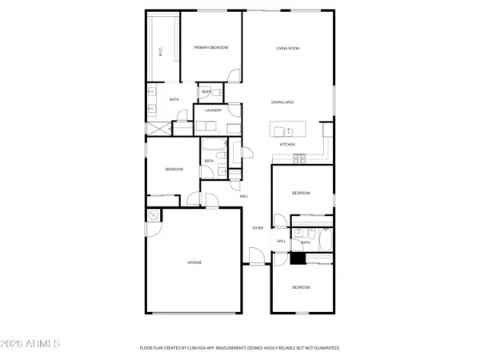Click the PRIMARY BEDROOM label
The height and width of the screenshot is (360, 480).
tap(211, 48)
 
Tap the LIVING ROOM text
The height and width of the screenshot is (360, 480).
tap(288, 49)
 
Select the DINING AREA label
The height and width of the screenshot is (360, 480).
tap(284, 102)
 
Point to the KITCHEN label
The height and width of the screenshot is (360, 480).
tap(288, 144)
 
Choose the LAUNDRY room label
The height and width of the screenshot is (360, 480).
tap(213, 110)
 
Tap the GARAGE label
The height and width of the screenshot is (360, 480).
tap(194, 262)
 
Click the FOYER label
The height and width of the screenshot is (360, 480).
tap(258, 228)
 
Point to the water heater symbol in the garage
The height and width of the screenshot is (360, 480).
tap(152, 216)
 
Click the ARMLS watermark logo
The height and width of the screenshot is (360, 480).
tap(32, 345)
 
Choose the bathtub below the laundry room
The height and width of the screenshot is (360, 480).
tap(213, 145)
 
